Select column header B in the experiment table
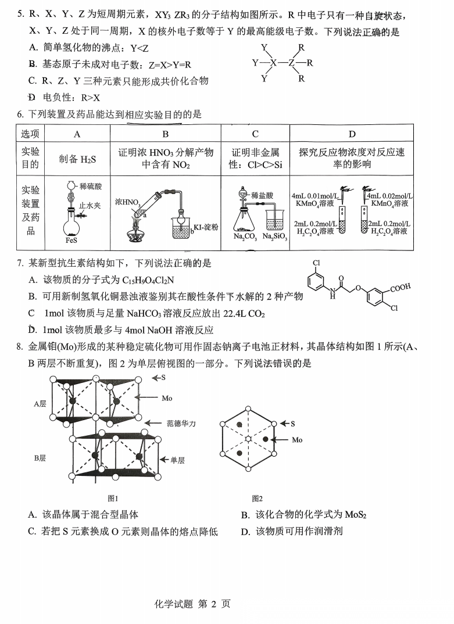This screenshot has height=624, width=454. point(166,134)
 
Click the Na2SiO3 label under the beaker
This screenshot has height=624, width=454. point(275,237)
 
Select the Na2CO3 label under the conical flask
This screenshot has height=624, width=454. point(246,237)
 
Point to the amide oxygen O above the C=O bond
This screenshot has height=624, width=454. point(341,278)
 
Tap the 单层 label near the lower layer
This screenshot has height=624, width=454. point(177,460)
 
